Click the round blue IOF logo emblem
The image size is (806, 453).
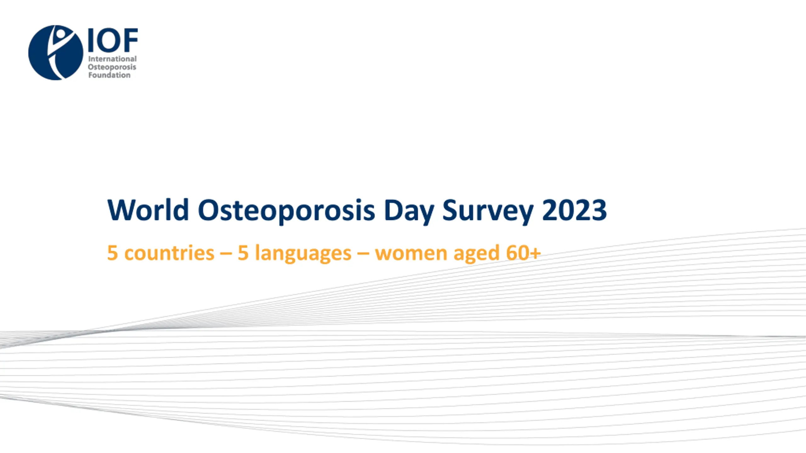pos(56,53)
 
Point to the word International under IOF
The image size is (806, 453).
pos(112,59)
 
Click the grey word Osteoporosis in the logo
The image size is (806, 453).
pos(112,67)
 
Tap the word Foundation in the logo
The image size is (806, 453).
pos(109,75)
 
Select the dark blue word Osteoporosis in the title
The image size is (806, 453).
pos(286,211)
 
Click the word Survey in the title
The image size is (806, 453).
pos(488,211)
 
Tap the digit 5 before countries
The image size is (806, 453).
pos(112,253)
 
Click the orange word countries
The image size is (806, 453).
pos(169,253)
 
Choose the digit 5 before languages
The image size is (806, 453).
pos(243,253)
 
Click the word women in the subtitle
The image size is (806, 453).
pos(411,254)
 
